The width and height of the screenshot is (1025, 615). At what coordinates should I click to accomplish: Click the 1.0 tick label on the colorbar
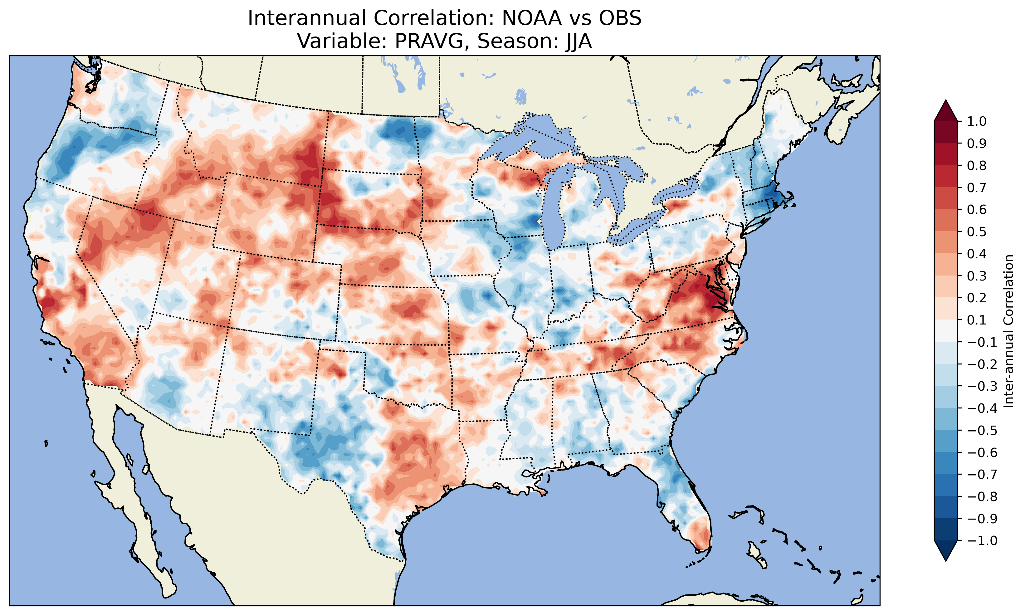[977, 121]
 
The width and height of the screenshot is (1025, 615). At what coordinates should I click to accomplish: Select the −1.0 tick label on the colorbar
[982, 540]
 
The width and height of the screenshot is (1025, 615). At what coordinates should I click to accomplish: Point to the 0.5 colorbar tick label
[977, 232]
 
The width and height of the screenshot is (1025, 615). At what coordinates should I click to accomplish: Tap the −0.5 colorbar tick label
[982, 430]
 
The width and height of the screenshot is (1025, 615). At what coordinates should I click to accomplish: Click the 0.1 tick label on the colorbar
[977, 320]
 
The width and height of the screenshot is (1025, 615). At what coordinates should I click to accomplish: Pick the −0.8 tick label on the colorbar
[982, 496]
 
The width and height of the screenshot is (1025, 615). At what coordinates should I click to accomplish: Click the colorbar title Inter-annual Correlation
[1008, 331]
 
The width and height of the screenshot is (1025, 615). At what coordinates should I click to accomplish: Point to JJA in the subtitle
[577, 41]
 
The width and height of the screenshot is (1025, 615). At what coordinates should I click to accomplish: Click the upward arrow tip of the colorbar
[945, 101]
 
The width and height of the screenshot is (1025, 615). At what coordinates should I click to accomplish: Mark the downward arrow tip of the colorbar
[945, 561]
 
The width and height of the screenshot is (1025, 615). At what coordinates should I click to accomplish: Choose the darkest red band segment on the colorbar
[945, 132]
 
